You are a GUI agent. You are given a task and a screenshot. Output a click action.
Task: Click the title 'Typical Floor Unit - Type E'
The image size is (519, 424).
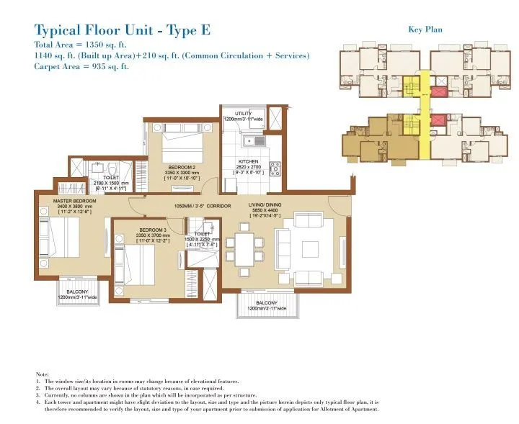[x=123, y=30]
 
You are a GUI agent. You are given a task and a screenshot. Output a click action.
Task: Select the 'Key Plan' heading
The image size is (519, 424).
[x=425, y=30]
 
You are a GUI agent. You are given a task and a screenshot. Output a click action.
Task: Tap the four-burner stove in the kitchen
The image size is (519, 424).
[x=275, y=169]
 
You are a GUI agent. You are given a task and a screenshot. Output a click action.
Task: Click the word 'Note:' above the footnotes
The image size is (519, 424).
[x=43, y=375]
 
